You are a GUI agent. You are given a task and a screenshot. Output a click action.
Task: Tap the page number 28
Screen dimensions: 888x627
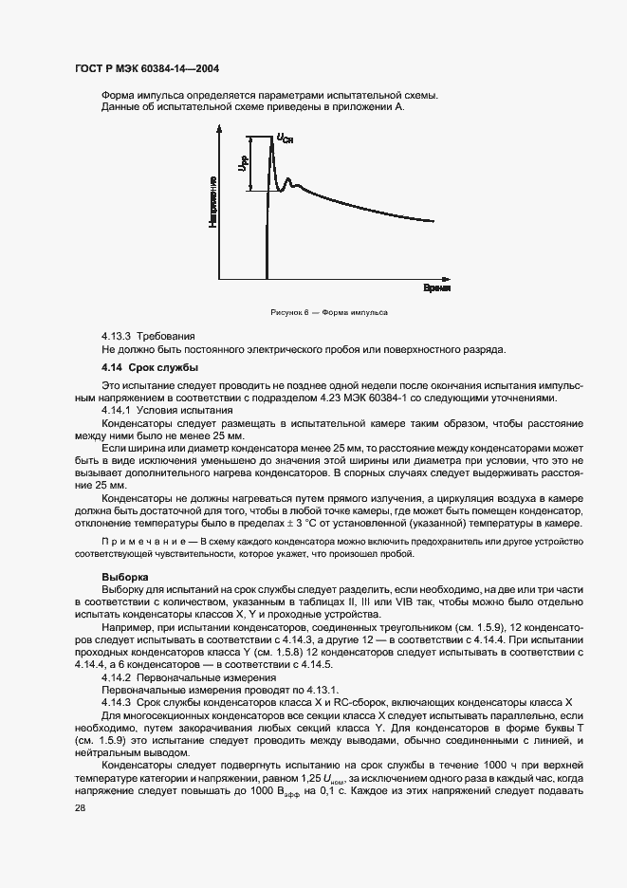point(81,807)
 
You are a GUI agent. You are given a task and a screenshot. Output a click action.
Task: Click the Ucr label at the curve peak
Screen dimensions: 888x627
point(285,140)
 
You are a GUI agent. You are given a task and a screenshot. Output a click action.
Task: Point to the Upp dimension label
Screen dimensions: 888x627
point(243,164)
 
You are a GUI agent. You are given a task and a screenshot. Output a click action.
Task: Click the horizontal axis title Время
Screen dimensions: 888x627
point(435,287)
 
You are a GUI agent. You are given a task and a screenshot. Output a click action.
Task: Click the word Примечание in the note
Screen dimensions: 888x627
point(136,539)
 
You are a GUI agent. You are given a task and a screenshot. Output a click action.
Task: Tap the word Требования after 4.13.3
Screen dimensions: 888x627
point(166,336)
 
